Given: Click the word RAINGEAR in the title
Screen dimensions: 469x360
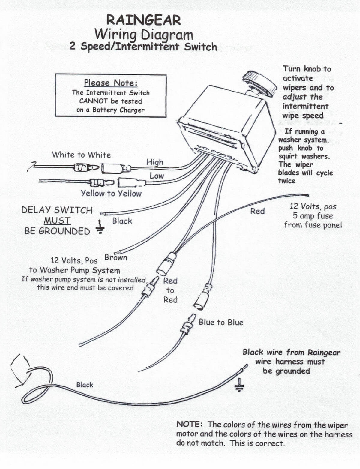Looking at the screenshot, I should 144,20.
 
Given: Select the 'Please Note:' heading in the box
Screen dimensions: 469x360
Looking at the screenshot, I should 111,83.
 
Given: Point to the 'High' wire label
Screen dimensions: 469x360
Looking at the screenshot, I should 155,162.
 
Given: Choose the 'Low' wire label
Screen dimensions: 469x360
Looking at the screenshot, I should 157,176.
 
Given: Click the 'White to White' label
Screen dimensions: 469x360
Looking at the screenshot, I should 81,155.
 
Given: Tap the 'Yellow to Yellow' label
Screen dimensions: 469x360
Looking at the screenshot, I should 111,193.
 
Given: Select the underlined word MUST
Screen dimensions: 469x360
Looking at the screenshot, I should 57,221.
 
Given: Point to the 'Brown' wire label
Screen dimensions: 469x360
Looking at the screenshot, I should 116,257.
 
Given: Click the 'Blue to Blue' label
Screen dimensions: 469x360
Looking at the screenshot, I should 221,322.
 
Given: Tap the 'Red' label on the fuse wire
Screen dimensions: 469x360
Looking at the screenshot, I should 257,211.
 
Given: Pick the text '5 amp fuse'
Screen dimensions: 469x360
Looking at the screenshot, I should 313,216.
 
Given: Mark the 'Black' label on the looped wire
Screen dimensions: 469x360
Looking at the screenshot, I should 85,385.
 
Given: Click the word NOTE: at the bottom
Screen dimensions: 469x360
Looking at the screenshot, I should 190,425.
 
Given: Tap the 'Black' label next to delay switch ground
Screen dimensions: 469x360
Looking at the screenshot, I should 122,221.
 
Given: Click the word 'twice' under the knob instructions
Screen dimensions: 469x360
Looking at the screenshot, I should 287,181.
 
